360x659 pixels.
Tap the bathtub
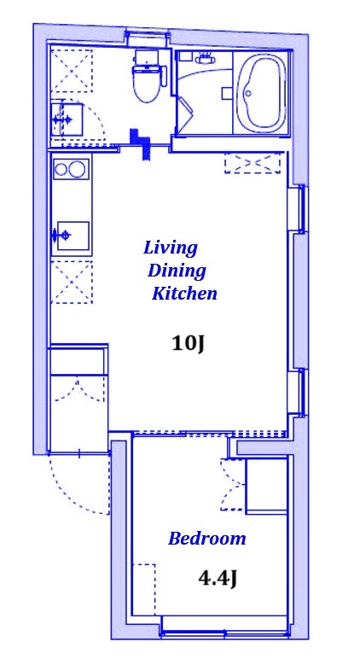[x=260, y=92]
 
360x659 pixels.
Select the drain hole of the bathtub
[x=248, y=93]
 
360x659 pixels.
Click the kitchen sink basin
[x=73, y=236]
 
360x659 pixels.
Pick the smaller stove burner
[x=61, y=169]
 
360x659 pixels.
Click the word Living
[x=170, y=248]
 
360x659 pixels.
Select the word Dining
[x=177, y=271]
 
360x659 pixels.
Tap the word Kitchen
[x=184, y=294]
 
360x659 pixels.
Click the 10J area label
[x=188, y=344]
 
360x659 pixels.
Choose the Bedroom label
[x=206, y=538]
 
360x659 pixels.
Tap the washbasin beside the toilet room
[x=67, y=120]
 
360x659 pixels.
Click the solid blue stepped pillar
[x=140, y=143]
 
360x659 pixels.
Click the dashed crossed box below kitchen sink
[x=72, y=282]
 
